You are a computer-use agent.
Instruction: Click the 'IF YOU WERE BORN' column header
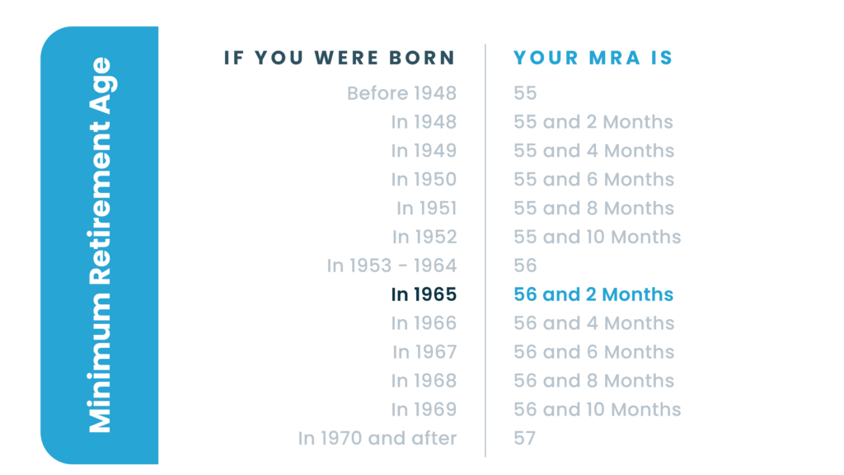click(x=340, y=58)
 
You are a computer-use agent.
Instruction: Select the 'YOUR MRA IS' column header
click(x=593, y=58)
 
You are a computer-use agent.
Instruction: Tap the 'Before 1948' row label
click(x=401, y=93)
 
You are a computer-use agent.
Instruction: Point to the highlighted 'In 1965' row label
click(x=424, y=294)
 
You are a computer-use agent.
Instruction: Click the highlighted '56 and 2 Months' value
click(x=593, y=294)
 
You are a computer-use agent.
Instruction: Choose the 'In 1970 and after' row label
click(x=377, y=439)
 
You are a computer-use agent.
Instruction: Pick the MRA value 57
click(x=525, y=439)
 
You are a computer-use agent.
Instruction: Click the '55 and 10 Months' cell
click(x=597, y=237)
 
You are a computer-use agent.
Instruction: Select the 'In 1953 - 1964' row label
click(x=392, y=266)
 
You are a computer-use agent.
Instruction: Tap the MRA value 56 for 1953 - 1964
click(x=525, y=266)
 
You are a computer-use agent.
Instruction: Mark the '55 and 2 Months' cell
click(x=593, y=122)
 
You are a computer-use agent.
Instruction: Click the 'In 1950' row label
click(x=424, y=179)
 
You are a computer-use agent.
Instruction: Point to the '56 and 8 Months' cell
click(x=593, y=381)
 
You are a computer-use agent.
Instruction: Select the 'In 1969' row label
click(x=424, y=410)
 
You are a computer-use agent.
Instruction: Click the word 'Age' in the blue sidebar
click(x=101, y=86)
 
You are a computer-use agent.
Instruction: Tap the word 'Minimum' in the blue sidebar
click(x=100, y=363)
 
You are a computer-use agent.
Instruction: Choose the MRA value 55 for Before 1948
click(x=525, y=93)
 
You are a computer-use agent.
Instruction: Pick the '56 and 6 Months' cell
click(x=593, y=352)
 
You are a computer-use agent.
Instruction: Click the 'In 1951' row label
click(x=426, y=209)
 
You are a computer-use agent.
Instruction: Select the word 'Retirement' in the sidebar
click(x=100, y=204)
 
